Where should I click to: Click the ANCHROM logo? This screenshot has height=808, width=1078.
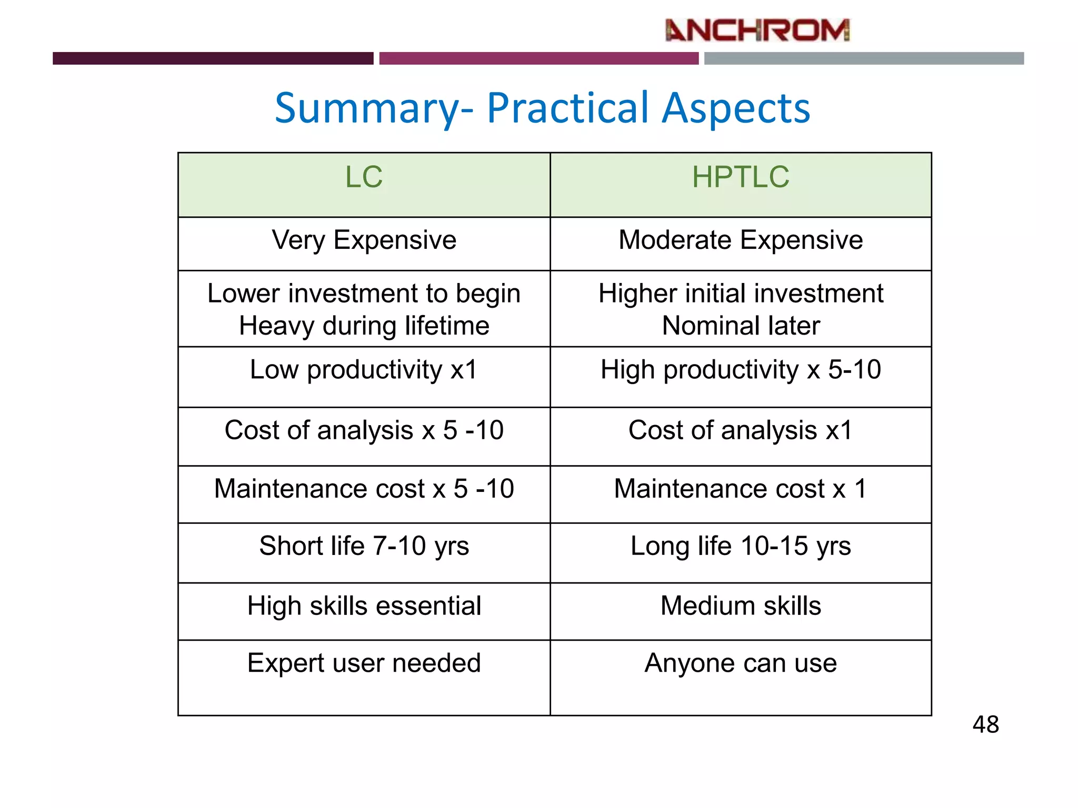tap(757, 31)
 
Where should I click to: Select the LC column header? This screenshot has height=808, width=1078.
tap(364, 177)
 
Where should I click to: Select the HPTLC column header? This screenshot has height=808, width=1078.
tap(740, 177)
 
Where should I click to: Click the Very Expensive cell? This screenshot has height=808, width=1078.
tap(364, 240)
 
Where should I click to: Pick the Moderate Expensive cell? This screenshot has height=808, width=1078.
tap(740, 240)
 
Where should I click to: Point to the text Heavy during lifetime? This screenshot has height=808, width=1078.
tap(364, 326)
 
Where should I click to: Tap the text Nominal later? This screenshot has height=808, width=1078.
tap(740, 326)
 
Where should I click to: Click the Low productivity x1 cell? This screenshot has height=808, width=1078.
tap(364, 370)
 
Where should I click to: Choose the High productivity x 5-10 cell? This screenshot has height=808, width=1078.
tap(740, 370)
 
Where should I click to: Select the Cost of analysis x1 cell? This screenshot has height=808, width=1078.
tap(740, 430)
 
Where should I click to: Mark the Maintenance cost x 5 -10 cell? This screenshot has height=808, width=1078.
tap(364, 489)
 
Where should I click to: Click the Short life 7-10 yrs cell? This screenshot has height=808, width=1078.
tap(364, 546)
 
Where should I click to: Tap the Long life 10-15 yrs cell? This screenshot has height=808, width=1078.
tap(740, 546)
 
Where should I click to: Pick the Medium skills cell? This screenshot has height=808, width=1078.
tap(740, 606)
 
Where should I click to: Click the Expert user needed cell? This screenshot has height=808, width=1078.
tap(364, 663)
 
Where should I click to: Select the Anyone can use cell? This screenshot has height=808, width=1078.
tap(740, 663)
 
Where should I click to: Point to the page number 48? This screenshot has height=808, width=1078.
tap(985, 725)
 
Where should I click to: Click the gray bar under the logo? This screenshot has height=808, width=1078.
tap(863, 58)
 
